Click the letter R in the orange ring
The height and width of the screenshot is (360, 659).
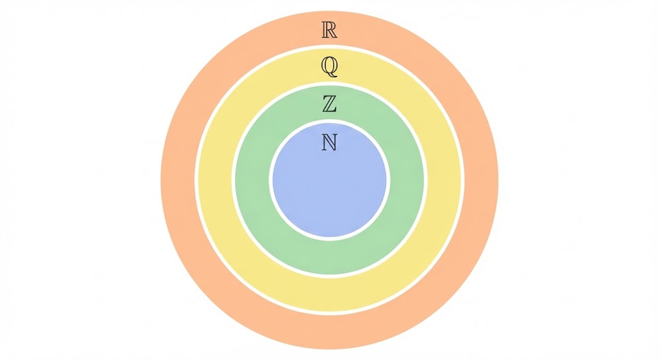pos(329,30)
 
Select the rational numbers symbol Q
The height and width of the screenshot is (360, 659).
pos(329,67)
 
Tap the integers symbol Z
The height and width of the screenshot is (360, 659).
pos(329,104)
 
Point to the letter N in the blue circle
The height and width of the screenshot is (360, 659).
pos(329,142)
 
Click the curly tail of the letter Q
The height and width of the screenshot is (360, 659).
pos(333,75)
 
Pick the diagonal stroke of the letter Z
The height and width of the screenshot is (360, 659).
pos(329,104)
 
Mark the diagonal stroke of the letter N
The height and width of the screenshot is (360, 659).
pos(329,142)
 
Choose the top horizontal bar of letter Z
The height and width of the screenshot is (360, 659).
pos(329,97)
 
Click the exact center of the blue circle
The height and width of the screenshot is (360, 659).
pos(329,180)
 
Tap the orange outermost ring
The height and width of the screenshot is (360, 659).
pos(178,180)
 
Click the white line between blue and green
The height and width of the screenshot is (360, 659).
pos(271,180)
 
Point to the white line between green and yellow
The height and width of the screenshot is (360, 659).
pos(233,180)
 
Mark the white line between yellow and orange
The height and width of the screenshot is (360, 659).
pos(196,180)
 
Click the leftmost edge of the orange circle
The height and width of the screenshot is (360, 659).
pos(161,180)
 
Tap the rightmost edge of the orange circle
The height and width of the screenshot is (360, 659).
pos(498,180)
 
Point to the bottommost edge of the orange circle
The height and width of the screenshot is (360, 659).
pos(329,348)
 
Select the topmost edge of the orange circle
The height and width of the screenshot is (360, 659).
pos(329,12)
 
